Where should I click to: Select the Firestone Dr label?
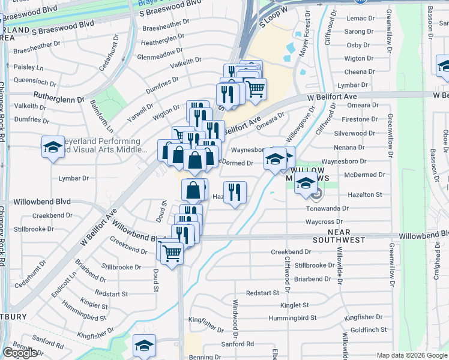(358, 119)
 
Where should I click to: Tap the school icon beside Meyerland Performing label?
(53, 147)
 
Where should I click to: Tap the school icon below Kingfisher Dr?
(144, 346)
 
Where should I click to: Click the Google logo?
(20, 353)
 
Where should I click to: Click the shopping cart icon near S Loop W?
(256, 89)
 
